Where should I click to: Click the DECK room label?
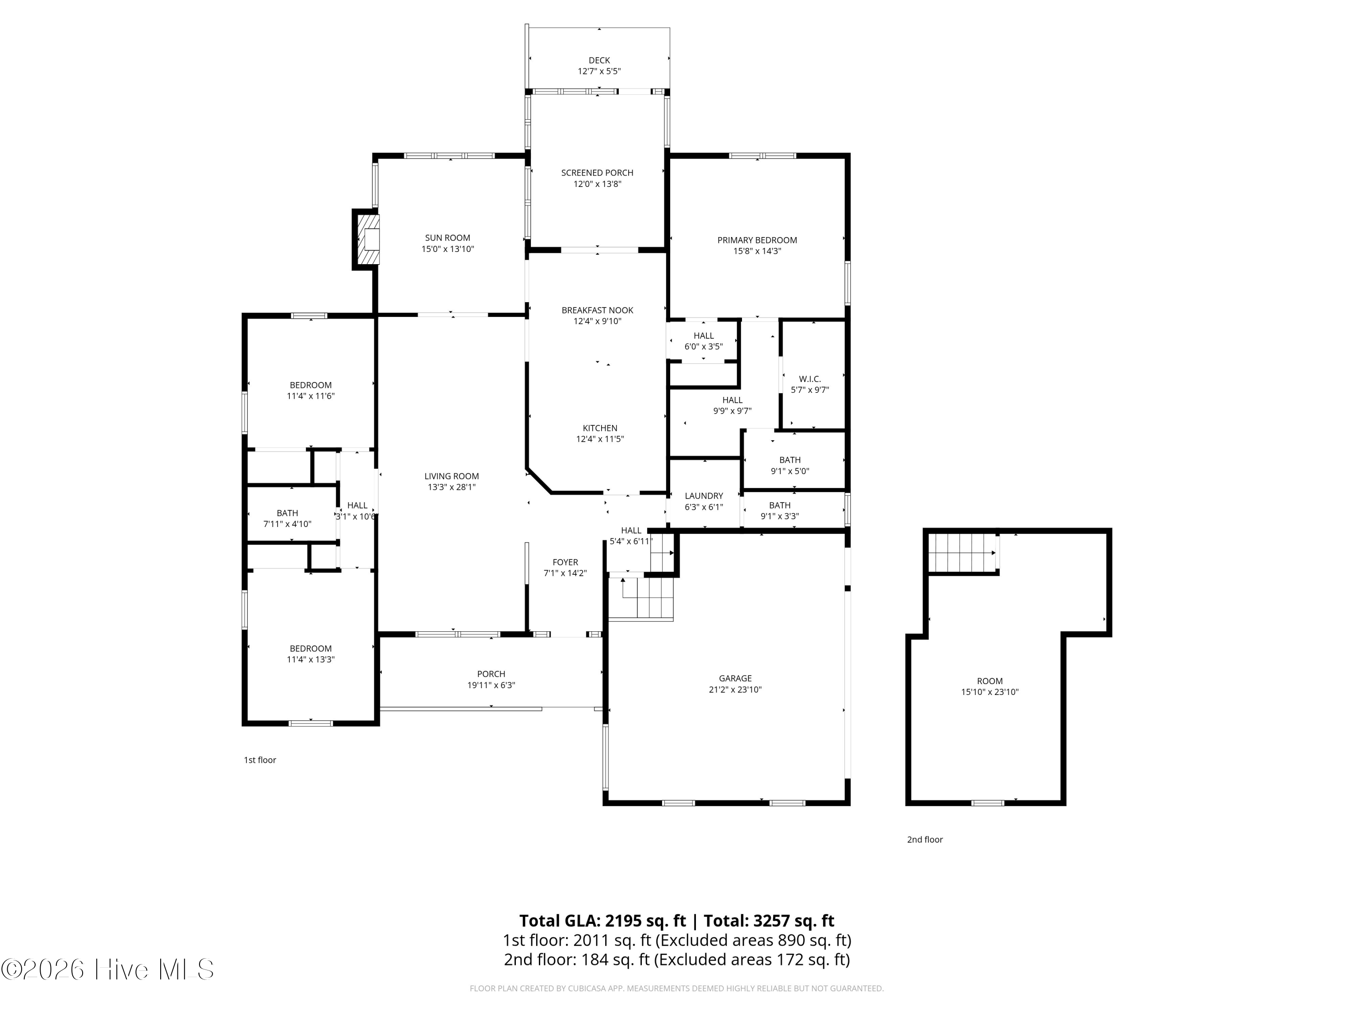599,60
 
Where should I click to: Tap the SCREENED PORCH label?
598,172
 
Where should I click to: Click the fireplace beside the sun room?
366,239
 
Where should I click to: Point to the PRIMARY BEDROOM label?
757,240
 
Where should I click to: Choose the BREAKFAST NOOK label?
598,311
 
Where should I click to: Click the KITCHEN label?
600,428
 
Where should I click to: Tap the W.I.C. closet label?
810,379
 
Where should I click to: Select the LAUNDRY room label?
704,496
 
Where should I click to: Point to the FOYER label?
565,562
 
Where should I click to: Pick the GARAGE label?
735,679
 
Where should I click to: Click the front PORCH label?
491,674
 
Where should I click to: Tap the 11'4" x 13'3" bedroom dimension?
311,660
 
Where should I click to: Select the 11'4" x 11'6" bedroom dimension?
311,396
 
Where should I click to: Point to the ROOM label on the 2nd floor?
990,681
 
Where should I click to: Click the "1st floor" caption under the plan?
260,760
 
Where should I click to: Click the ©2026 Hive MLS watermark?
108,969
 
